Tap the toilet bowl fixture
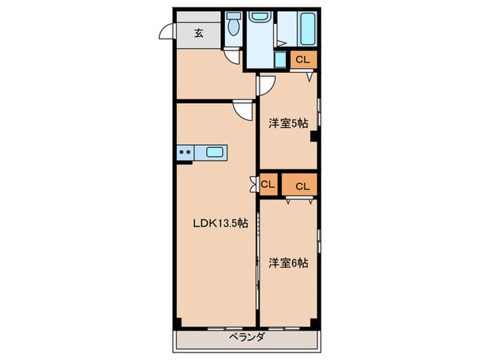234,27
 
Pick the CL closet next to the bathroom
303,60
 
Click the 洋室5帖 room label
288,123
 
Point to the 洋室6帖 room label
288,263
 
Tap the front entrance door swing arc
165,32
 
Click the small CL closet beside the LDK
268,184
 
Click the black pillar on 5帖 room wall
313,136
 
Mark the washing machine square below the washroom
280,60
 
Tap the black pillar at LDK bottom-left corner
178,322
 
